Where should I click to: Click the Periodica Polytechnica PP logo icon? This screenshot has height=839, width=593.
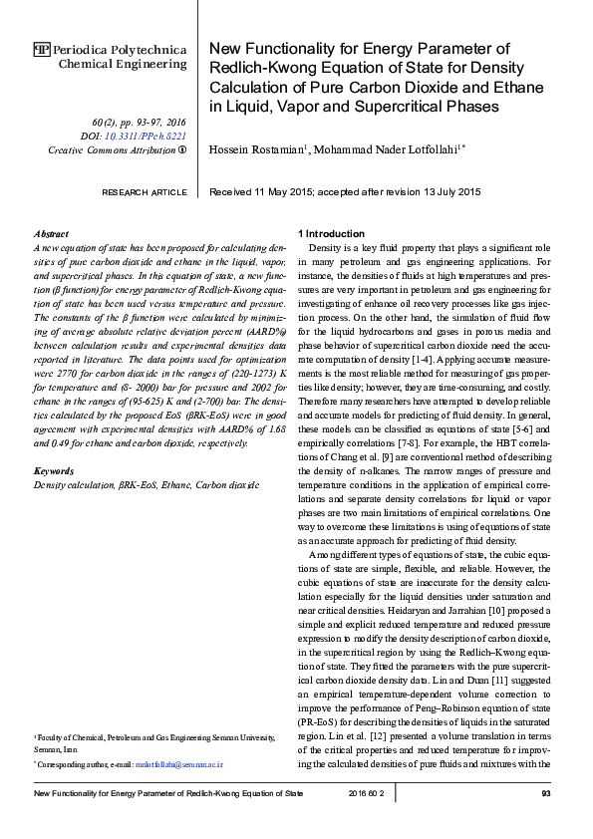pyautogui.click(x=41, y=48)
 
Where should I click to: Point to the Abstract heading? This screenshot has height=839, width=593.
pyautogui.click(x=51, y=232)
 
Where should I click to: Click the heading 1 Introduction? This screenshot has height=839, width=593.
pyautogui.click(x=333, y=232)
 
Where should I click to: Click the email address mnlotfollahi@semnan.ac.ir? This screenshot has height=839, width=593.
pyautogui.click(x=180, y=764)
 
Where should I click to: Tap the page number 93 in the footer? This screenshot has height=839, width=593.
pyautogui.click(x=545, y=793)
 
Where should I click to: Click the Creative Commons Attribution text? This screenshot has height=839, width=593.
pyautogui.click(x=112, y=149)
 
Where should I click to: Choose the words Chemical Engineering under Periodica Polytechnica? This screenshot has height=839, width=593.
pyautogui.click(x=123, y=64)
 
